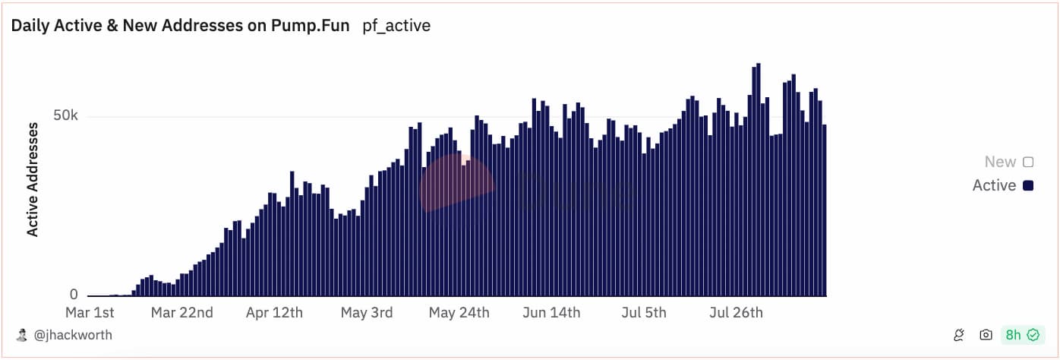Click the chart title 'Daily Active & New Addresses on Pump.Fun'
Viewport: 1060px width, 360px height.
tap(180, 25)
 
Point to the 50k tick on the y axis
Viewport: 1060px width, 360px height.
tap(65, 116)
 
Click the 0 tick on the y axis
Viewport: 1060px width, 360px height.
tap(74, 295)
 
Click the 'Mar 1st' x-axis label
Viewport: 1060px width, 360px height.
tap(90, 312)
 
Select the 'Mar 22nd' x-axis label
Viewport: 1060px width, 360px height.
tap(181, 312)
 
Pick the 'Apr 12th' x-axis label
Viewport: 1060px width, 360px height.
tap(274, 312)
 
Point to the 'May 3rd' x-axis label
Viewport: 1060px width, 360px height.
tap(367, 312)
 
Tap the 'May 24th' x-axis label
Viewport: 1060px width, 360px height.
tap(459, 312)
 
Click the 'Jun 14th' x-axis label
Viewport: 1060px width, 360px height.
tap(551, 312)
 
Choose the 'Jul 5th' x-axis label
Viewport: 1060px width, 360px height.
tap(644, 312)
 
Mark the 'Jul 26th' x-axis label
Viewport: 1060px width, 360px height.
tap(736, 312)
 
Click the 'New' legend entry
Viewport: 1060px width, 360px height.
tap(1008, 162)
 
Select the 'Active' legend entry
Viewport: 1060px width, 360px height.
tap(1002, 185)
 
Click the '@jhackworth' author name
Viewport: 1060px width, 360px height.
tap(74, 335)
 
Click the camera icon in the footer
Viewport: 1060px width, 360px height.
tap(986, 335)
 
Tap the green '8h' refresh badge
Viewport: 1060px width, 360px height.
tap(1021, 335)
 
